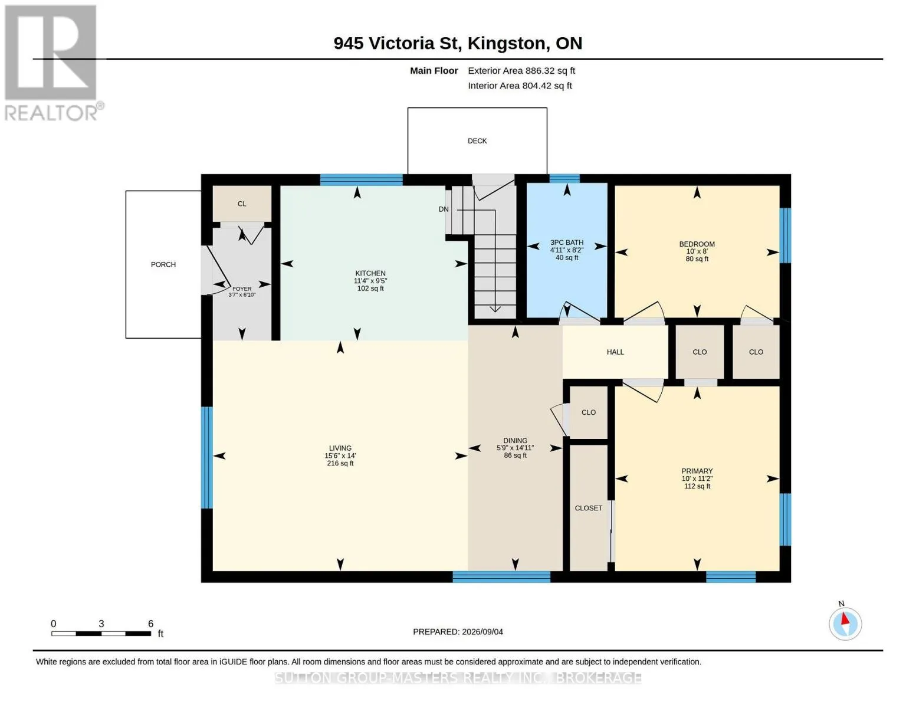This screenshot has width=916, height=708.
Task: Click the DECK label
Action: click(477, 141)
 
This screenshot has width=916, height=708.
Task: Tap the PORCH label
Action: click(163, 264)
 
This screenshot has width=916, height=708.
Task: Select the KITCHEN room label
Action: click(370, 273)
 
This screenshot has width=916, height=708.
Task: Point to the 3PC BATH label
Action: click(567, 242)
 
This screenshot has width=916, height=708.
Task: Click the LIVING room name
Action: click(340, 448)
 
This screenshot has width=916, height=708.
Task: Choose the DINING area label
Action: click(515, 441)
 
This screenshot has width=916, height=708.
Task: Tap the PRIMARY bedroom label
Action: click(697, 471)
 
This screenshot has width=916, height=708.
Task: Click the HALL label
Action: click(615, 352)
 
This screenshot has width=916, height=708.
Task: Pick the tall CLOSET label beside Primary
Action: click(589, 508)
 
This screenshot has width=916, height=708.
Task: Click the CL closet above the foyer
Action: click(242, 204)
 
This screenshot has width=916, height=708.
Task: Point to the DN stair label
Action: click(444, 209)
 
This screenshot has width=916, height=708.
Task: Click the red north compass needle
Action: click(845, 619)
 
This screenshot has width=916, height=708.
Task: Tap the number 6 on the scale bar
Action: click(150, 624)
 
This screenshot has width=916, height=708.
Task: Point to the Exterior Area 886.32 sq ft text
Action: click(521, 71)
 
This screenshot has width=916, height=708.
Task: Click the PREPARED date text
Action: click(458, 632)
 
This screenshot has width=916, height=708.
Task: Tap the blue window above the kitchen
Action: click(361, 179)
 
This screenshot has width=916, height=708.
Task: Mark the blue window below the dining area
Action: click(501, 577)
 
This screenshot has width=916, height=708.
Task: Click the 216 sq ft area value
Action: click(340, 463)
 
